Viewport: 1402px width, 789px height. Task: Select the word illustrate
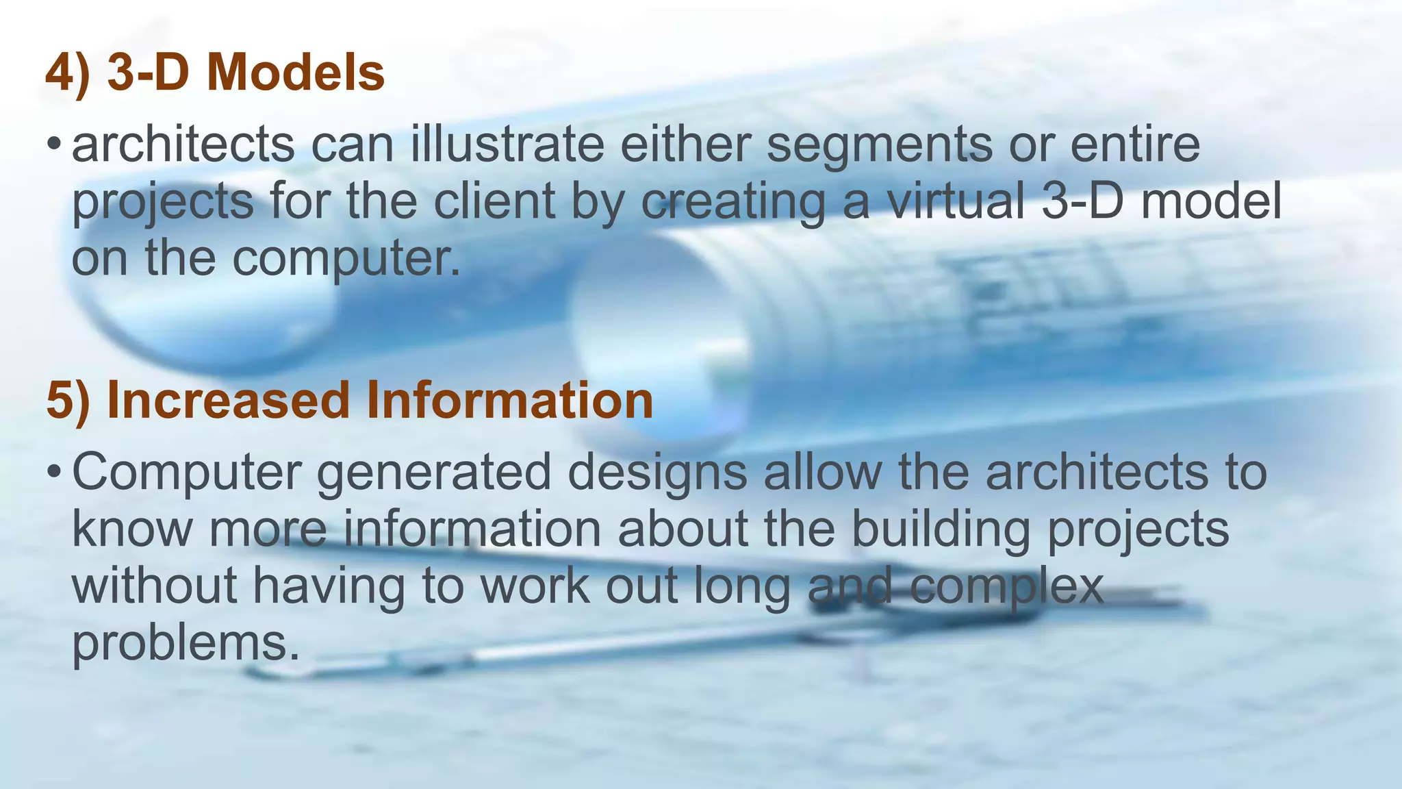click(x=507, y=145)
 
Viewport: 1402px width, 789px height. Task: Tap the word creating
click(x=733, y=203)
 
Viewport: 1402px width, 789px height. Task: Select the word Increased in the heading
click(x=229, y=401)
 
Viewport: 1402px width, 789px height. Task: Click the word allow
click(x=822, y=473)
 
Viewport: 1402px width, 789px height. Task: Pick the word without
click(x=155, y=587)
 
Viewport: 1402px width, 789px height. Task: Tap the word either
click(x=685, y=145)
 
